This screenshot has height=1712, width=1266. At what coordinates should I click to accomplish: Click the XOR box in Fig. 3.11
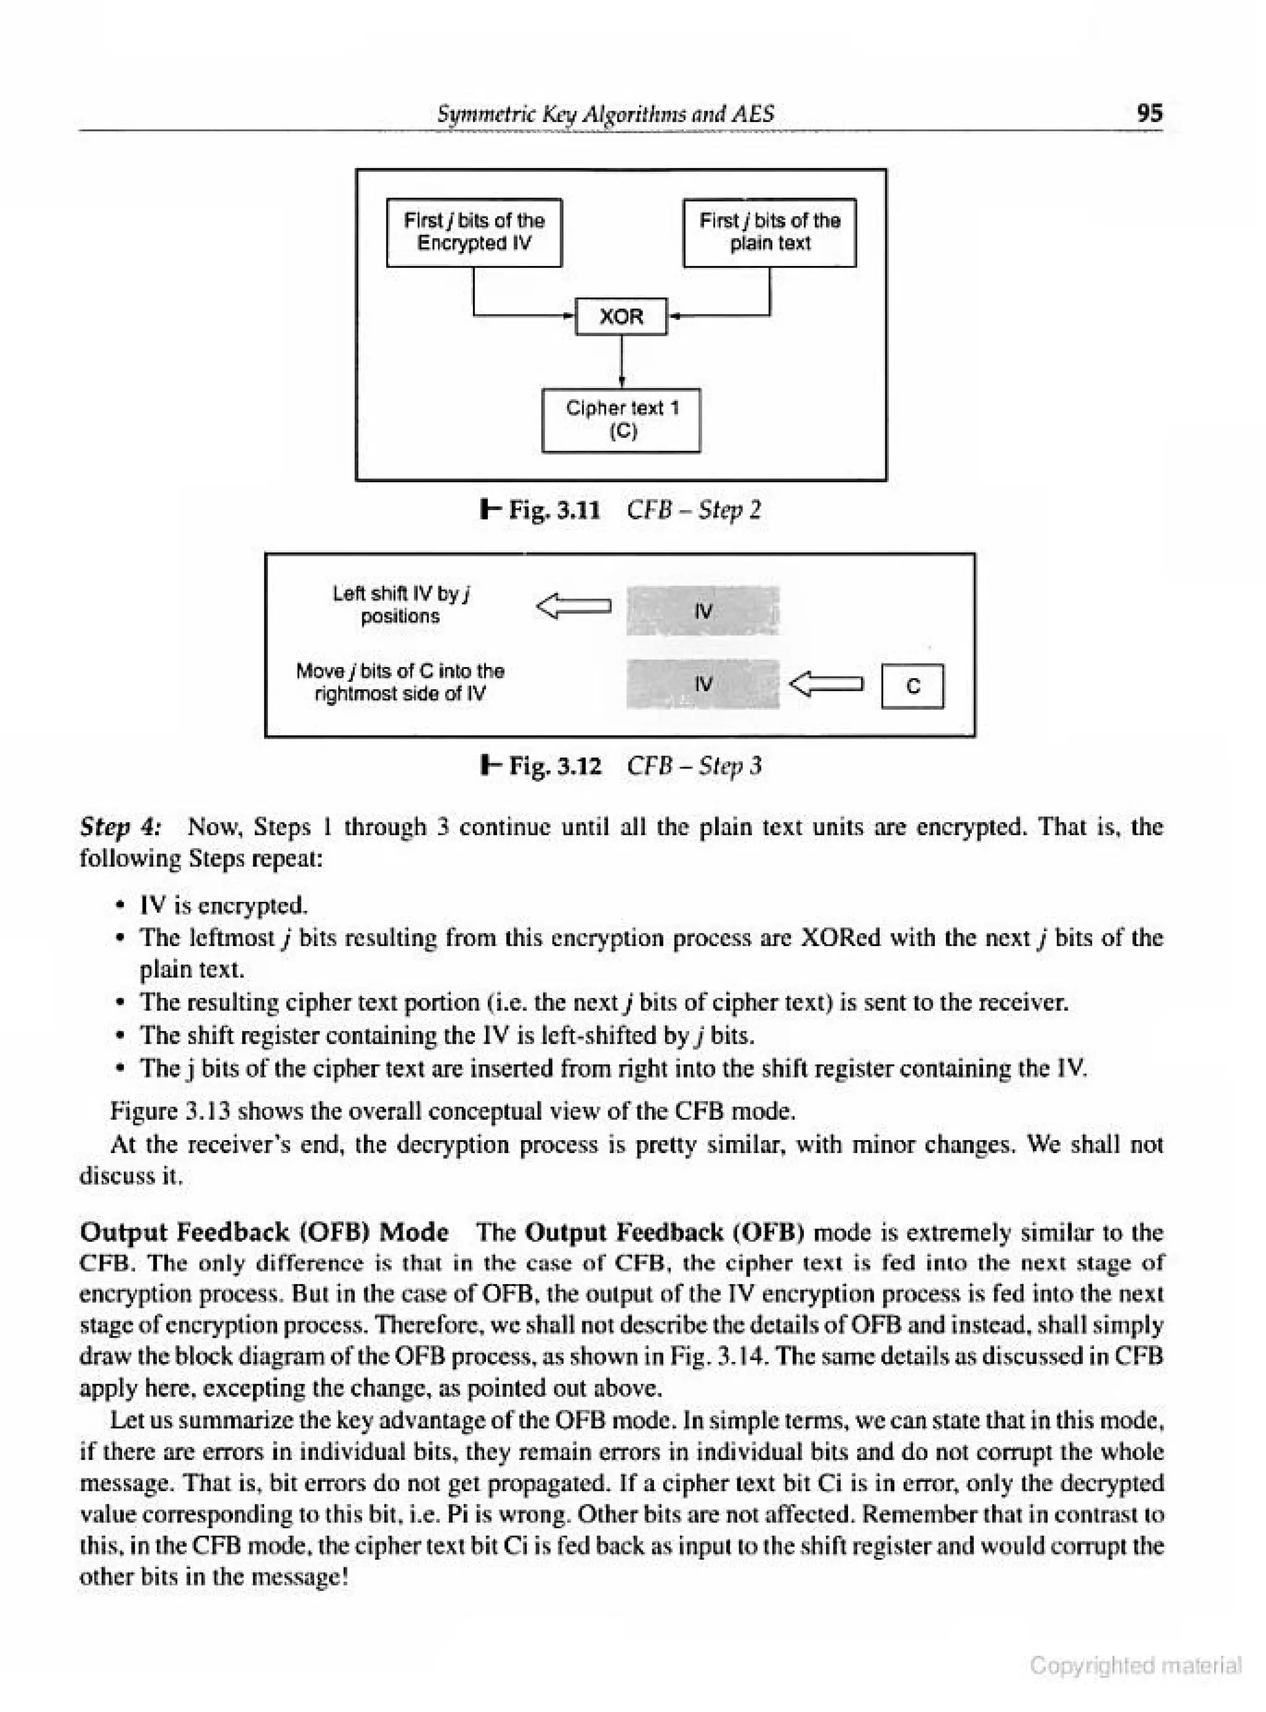tap(621, 317)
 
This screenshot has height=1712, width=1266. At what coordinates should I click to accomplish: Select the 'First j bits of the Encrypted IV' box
tap(474, 232)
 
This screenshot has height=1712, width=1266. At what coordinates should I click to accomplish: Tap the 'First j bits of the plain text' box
tap(770, 232)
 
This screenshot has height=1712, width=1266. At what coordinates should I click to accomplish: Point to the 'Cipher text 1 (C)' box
tap(621, 420)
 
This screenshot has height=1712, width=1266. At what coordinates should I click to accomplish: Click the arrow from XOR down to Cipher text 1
tap(621, 361)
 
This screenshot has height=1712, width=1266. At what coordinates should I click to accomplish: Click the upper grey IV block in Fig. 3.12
tap(703, 611)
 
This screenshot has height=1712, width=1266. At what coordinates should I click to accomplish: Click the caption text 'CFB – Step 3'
tap(694, 765)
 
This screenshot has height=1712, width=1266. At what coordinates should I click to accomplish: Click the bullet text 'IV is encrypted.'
tap(224, 906)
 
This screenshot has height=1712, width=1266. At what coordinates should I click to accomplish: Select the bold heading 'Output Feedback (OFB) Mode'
tap(265, 1232)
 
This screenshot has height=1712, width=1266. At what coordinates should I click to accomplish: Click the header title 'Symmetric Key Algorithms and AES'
tap(605, 113)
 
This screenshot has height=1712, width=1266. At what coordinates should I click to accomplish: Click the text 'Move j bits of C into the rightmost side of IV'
tap(400, 682)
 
